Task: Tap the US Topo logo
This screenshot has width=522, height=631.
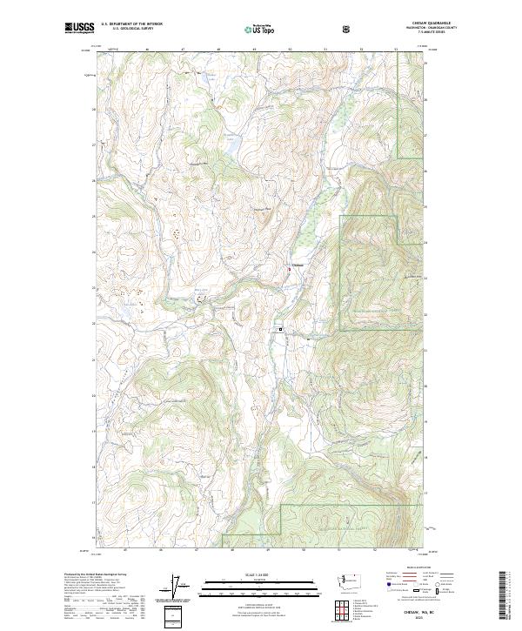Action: tap(261, 30)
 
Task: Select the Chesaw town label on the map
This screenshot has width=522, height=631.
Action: tap(297, 265)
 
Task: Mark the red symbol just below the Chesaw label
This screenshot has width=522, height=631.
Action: tap(289, 271)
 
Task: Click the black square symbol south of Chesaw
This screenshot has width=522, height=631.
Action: tap(280, 329)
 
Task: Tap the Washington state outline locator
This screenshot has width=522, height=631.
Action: tap(352, 580)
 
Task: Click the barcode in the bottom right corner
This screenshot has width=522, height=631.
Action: tap(503, 598)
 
